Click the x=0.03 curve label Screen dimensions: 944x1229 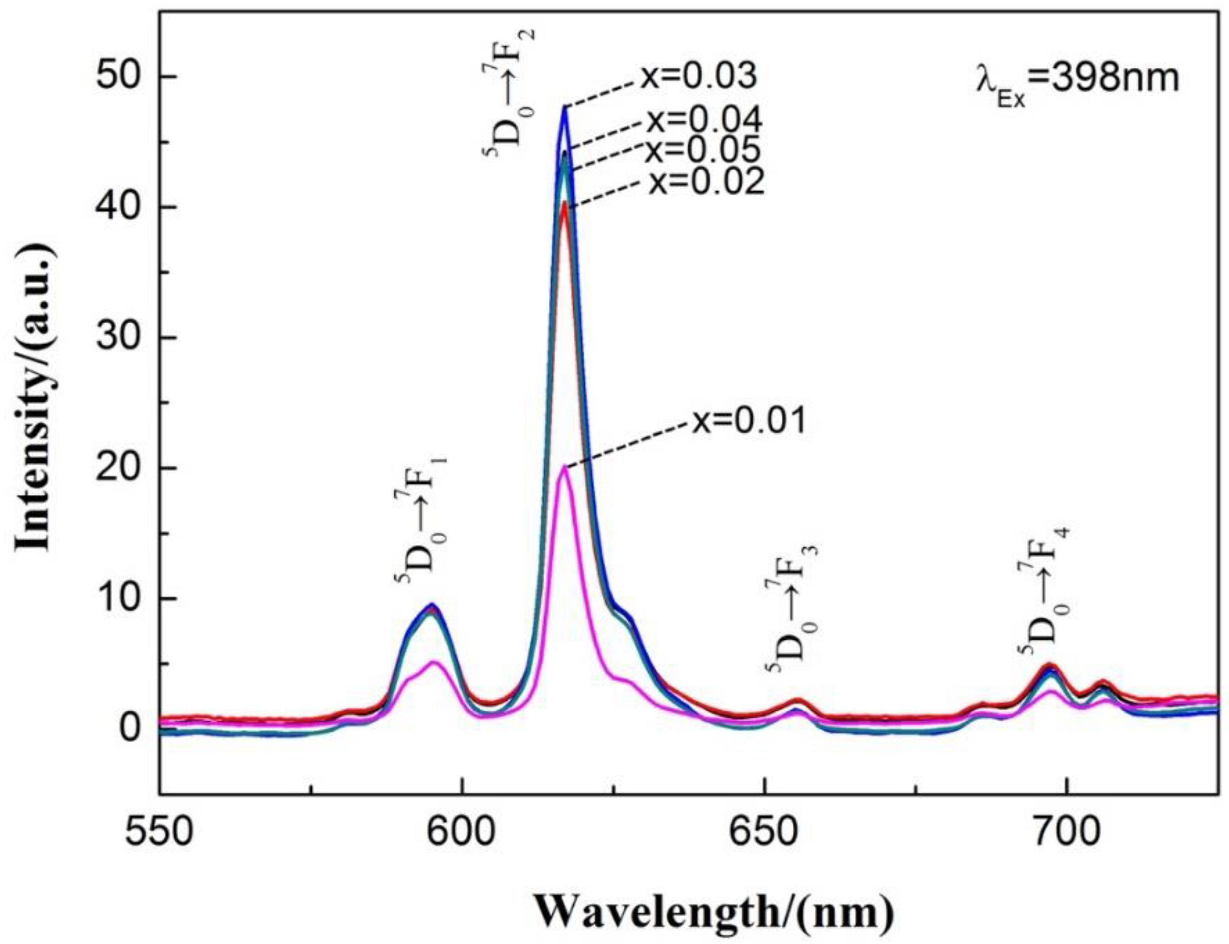[x=698, y=77]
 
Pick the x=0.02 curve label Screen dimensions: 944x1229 [x=706, y=182]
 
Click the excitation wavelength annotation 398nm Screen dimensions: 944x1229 [x=1076, y=78]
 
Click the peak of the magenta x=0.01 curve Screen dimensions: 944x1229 [x=565, y=467]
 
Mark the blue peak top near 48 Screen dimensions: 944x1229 [x=565, y=107]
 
